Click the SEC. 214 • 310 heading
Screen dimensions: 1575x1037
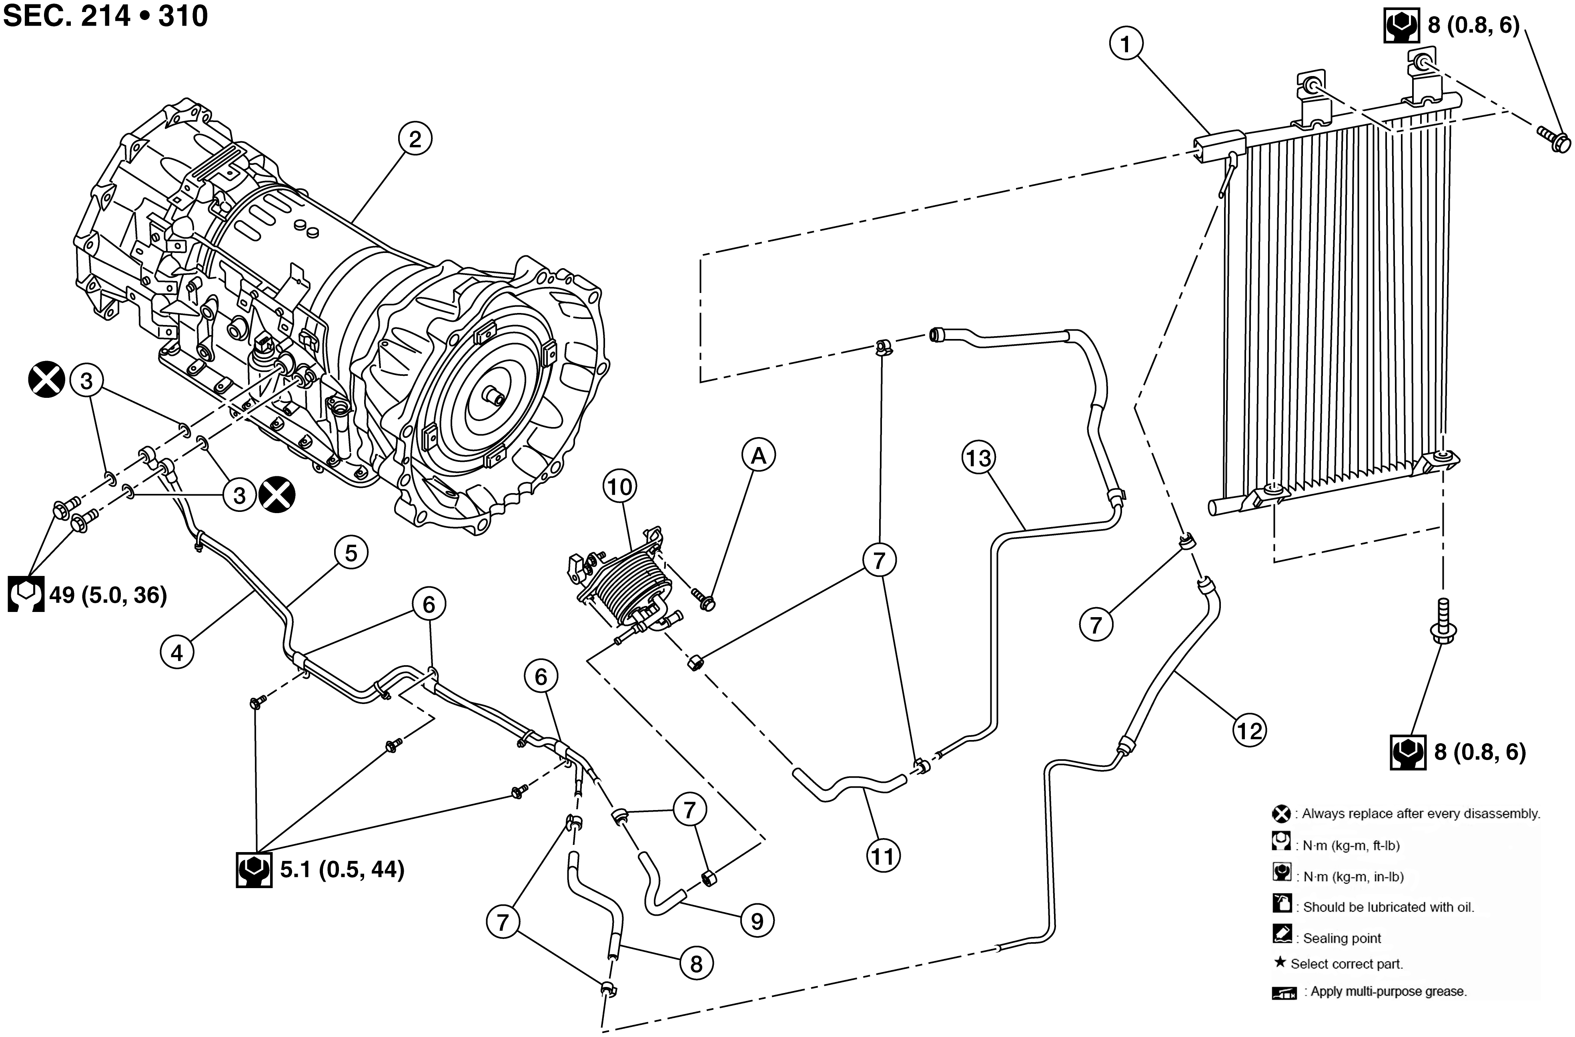tap(106, 16)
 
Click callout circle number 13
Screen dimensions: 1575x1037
tap(979, 457)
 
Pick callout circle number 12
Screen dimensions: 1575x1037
tap(1249, 730)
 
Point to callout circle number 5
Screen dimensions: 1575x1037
tap(351, 553)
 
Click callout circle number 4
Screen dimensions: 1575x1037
tap(177, 652)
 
